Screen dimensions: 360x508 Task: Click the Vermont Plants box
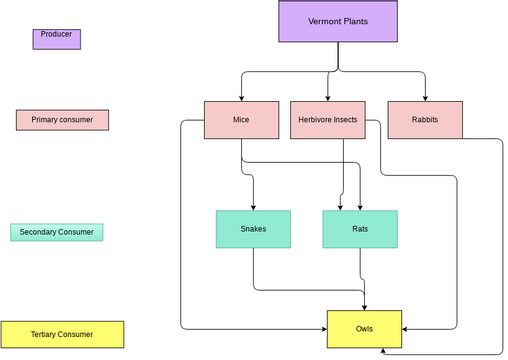tap(338, 21)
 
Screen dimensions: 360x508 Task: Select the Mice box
tap(241, 120)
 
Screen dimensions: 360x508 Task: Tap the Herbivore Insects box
tap(328, 120)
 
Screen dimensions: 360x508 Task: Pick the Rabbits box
tap(424, 120)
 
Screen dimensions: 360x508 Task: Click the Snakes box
tap(253, 229)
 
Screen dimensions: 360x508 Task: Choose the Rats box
tap(360, 229)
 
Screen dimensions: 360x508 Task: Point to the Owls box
tap(365, 328)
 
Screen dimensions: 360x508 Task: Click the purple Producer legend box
tap(57, 39)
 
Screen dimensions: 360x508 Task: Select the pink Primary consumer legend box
tap(62, 120)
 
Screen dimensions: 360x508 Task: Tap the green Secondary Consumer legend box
tap(57, 232)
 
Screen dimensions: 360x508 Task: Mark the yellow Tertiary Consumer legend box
tap(62, 334)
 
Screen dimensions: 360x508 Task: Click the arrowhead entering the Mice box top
tap(241, 98)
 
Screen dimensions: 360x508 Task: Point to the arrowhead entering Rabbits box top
tap(424, 98)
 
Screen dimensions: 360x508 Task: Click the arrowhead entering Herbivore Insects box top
tap(328, 98)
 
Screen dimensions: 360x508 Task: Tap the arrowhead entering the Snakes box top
tap(253, 207)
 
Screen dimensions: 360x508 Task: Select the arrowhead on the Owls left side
tap(324, 327)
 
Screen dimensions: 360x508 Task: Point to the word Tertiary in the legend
tap(47, 334)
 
